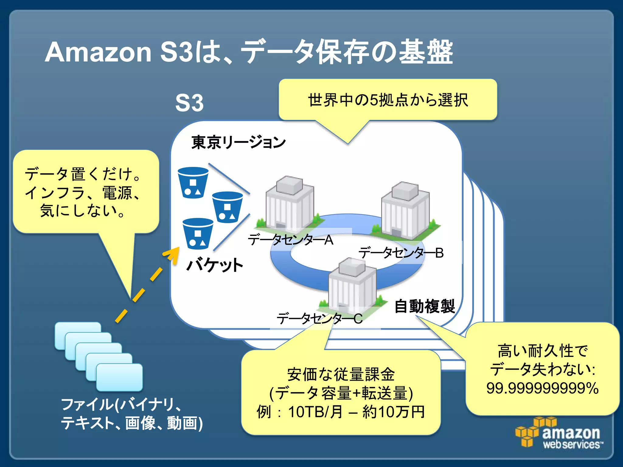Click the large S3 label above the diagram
coord(189,103)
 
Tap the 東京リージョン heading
coord(238,142)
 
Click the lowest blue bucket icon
coord(198,233)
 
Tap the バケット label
coord(215,265)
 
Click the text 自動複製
coord(424,306)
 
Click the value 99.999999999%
coord(542,388)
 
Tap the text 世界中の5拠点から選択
coord(388,100)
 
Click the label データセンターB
coord(401,253)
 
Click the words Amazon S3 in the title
coord(119,52)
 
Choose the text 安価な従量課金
coord(341,374)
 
